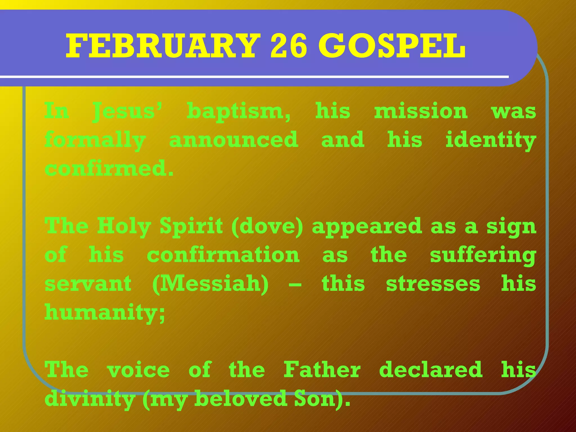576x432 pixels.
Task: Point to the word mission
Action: pyautogui.click(x=421, y=111)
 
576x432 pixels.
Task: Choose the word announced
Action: pyautogui.click(x=233, y=140)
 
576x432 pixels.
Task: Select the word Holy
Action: pyautogui.click(x=124, y=227)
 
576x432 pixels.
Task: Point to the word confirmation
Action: pyautogui.click(x=223, y=255)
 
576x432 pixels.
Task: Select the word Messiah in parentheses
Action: pyautogui.click(x=210, y=284)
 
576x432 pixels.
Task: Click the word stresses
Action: pyautogui.click(x=433, y=284)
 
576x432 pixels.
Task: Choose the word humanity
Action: pyautogui.click(x=104, y=313)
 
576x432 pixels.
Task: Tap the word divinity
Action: pyautogui.click(x=90, y=399)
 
